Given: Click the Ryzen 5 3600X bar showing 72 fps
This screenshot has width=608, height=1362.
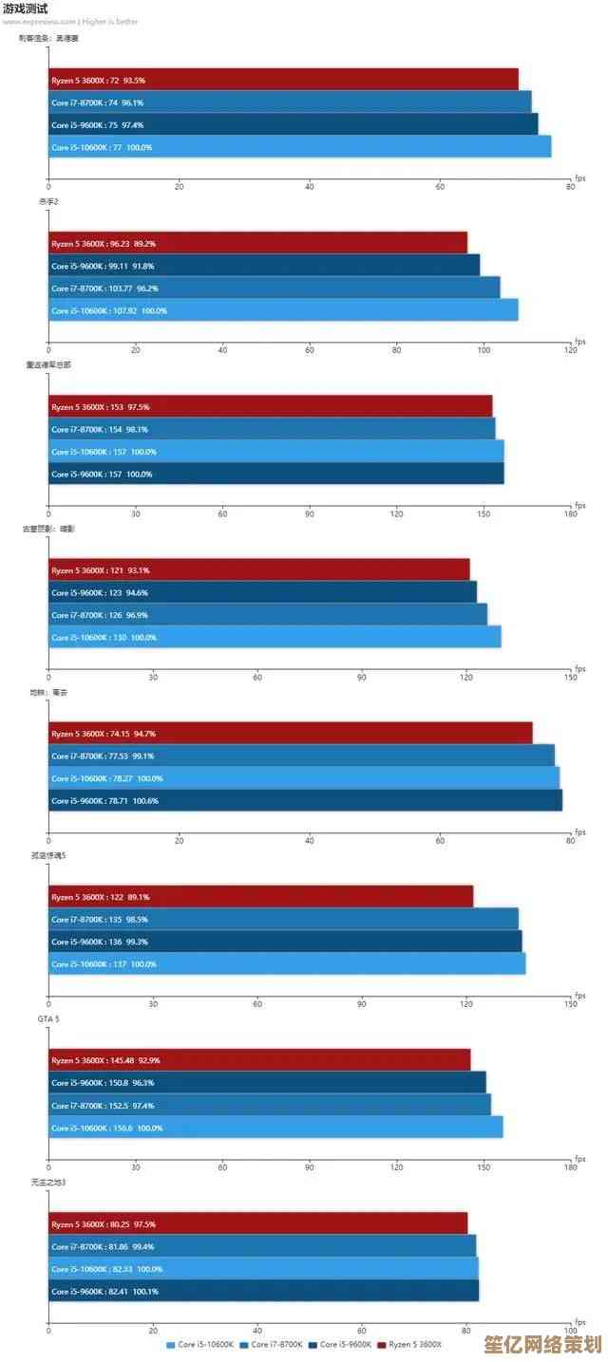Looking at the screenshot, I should click(x=283, y=80).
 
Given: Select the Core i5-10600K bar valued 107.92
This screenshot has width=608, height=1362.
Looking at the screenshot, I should click(x=283, y=310).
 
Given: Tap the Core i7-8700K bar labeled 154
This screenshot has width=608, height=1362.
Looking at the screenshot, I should click(x=272, y=429).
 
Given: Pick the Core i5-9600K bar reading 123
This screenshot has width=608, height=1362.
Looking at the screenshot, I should click(x=262, y=592).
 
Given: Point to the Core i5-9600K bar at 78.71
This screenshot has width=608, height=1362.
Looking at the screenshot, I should click(x=305, y=801).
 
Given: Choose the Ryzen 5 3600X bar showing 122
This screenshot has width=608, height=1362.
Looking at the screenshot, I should click(x=260, y=897).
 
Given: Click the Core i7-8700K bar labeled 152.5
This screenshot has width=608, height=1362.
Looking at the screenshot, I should click(x=270, y=1106).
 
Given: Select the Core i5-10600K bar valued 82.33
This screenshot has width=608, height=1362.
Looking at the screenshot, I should click(x=263, y=1269).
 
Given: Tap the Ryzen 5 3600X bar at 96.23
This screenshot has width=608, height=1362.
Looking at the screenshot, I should click(x=257, y=243).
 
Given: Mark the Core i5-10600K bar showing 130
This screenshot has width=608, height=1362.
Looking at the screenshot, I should click(x=275, y=637).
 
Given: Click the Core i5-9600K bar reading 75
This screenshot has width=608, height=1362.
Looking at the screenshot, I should click(x=293, y=124).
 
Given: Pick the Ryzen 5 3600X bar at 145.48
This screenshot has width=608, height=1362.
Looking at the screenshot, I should click(x=259, y=1060).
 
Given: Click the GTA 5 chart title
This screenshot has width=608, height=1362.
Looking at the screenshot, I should click(x=48, y=1019).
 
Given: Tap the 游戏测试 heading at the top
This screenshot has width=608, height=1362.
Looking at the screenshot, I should click(x=26, y=9).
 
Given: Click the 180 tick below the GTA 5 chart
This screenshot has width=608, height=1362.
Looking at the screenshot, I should click(x=570, y=1167).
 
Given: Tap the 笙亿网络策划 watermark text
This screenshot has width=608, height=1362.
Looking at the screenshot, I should click(x=555, y=1345).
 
